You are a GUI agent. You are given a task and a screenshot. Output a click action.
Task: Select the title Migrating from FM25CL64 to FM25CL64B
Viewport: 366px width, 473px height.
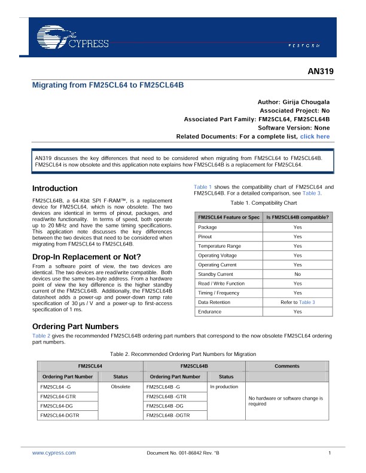pyautogui.click(x=108, y=85)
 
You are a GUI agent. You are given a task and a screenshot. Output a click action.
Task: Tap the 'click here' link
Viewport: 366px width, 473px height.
pyautogui.click(x=315, y=136)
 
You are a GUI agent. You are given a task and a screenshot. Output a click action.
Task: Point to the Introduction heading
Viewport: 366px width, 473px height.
pyautogui.click(x=54, y=188)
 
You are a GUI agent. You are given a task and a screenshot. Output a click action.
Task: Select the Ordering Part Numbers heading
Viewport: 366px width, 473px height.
pyautogui.click(x=75, y=326)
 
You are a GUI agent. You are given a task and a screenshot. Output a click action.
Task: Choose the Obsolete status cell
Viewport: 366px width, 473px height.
pyautogui.click(x=121, y=387)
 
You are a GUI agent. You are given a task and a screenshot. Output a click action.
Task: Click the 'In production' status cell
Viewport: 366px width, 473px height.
pyautogui.click(x=224, y=387)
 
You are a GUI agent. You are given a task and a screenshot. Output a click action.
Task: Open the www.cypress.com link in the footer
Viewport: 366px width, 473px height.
pyautogui.click(x=50, y=454)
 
